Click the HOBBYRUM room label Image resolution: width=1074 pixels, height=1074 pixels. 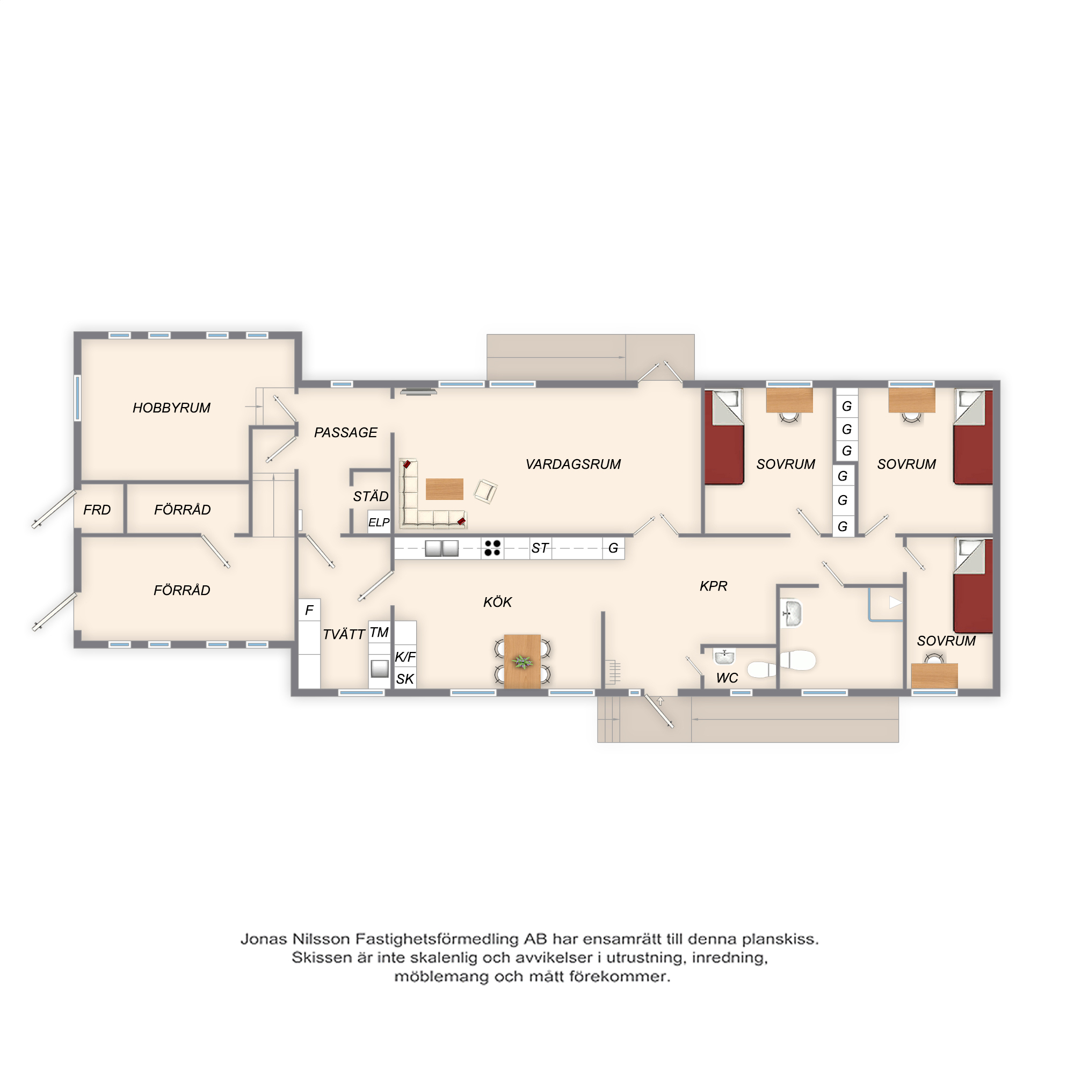pos(171,408)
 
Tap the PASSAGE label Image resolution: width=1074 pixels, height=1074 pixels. pos(345,432)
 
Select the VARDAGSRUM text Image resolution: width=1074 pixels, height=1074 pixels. pos(573,464)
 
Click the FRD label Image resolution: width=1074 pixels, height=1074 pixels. pos(97,510)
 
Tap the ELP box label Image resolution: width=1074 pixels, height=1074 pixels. pos(379,523)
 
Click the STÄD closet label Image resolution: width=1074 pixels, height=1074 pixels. pos(371,496)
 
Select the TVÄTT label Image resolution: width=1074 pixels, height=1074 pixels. pos(344,634)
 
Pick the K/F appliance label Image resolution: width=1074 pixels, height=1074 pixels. pos(405,657)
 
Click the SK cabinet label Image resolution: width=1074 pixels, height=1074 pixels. pos(405,679)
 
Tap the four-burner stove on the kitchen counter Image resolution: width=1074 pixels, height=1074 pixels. pos(492,548)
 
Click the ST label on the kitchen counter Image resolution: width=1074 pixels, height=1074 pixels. pos(539,548)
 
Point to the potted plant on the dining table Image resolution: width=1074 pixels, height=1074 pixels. pos(522,662)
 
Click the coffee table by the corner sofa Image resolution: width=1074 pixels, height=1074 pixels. pos(444,489)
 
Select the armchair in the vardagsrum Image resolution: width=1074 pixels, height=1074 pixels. pos(485,491)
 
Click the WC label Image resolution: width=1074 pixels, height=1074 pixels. pos(727,678)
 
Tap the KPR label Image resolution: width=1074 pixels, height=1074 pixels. pos(713,586)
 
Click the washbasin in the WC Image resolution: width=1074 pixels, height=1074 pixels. pos(724,657)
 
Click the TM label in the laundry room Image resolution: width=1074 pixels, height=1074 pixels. pos(379,632)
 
